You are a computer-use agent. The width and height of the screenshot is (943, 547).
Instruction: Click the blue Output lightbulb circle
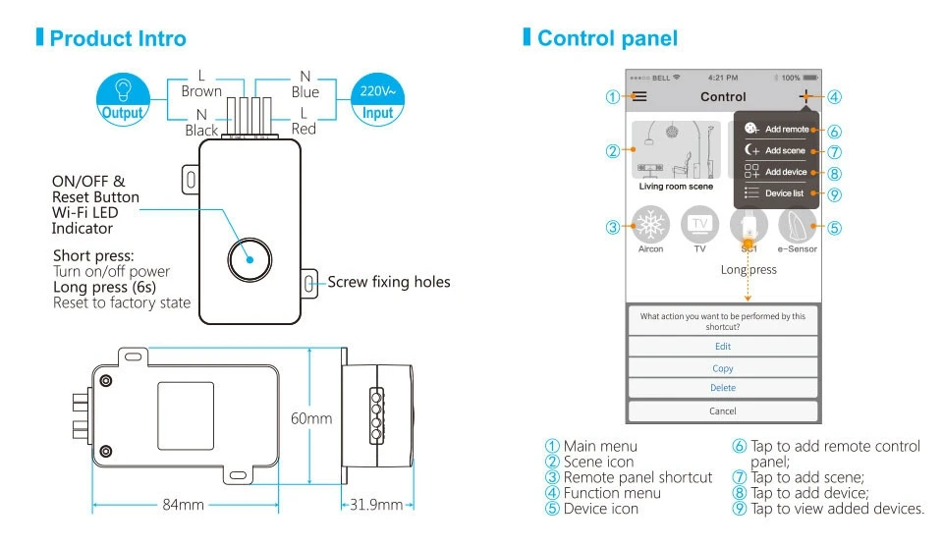pyautogui.click(x=123, y=99)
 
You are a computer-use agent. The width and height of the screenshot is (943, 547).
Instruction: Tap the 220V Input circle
pyautogui.click(x=377, y=99)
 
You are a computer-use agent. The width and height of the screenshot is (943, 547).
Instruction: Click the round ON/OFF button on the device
pyautogui.click(x=250, y=259)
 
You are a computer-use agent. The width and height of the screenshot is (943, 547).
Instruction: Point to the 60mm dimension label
pyautogui.click(x=311, y=418)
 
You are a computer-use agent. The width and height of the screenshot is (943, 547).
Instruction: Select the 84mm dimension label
pyautogui.click(x=183, y=505)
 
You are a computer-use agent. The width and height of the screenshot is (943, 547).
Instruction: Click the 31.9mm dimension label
pyautogui.click(x=376, y=505)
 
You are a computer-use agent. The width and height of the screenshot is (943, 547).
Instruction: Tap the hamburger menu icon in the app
pyautogui.click(x=639, y=96)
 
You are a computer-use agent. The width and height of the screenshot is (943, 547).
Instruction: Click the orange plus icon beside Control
pyautogui.click(x=805, y=96)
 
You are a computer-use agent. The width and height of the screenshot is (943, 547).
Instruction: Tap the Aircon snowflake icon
pyautogui.click(x=650, y=224)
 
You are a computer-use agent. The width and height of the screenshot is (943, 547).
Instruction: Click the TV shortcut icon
pyautogui.click(x=699, y=224)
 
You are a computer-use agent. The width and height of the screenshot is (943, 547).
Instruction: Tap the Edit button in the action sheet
pyautogui.click(x=723, y=347)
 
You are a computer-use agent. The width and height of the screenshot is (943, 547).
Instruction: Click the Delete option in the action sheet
pyautogui.click(x=723, y=388)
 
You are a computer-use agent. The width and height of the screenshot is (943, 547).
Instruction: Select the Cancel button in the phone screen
pyautogui.click(x=723, y=411)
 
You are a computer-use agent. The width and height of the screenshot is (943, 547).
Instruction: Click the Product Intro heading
pyautogui.click(x=118, y=38)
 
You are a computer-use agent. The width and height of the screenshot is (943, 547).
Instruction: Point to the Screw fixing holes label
pyautogui.click(x=389, y=282)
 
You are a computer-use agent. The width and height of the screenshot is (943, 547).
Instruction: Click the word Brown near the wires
pyautogui.click(x=201, y=91)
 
